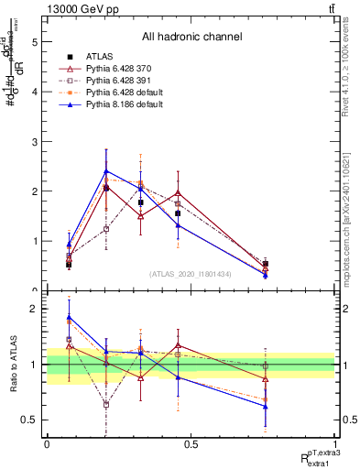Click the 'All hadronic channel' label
191,37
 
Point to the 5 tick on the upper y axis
34,41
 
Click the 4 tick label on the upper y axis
34,92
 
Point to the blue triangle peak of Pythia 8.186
106,171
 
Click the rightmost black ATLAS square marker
265,264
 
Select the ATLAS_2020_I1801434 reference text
191,274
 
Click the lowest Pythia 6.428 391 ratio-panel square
106,404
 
